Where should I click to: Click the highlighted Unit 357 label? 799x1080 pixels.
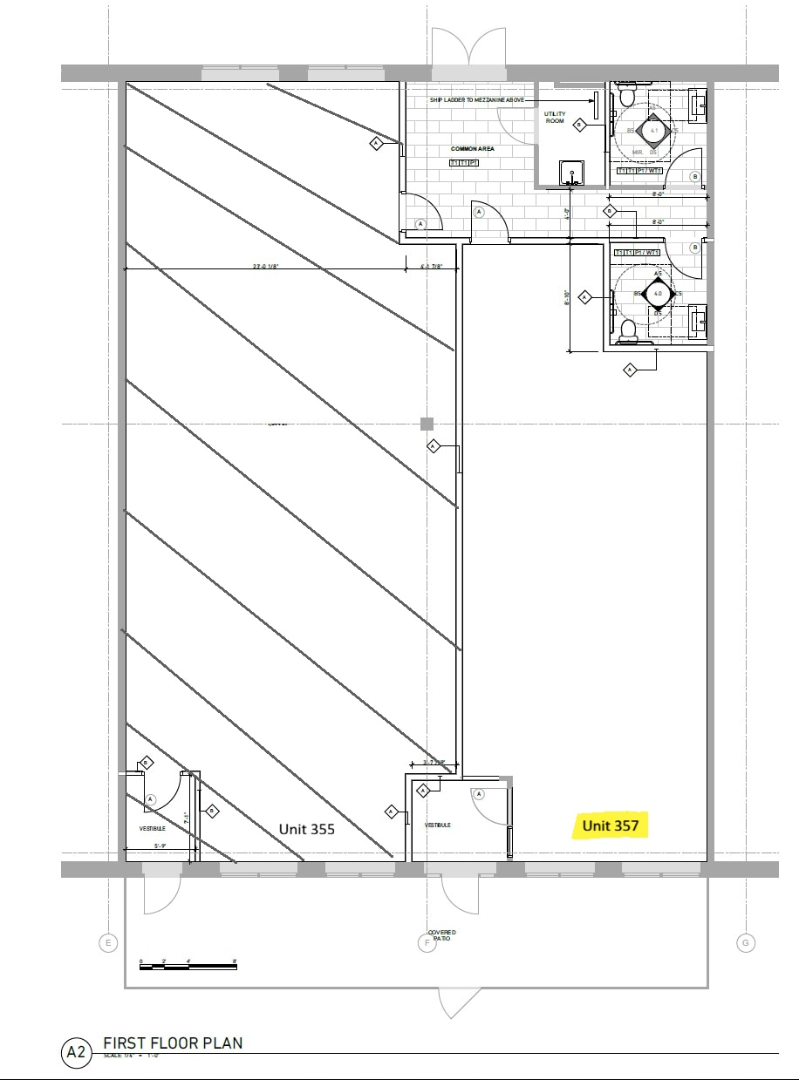[x=611, y=825]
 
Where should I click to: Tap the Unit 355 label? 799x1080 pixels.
[x=306, y=829]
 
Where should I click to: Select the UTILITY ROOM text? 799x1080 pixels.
[x=555, y=117]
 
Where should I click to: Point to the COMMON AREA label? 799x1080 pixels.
[x=472, y=149]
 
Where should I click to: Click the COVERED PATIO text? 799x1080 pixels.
[x=441, y=934]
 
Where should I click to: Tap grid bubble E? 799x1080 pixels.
[x=108, y=942]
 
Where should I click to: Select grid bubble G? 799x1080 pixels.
[x=745, y=942]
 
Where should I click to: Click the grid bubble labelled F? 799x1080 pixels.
[x=427, y=942]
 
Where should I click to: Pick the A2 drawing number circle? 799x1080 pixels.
[x=76, y=1052]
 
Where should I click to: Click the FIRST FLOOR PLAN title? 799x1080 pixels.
[x=173, y=1043]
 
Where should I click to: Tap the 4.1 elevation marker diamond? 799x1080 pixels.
[x=653, y=130]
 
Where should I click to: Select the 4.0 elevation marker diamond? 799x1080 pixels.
[x=658, y=295]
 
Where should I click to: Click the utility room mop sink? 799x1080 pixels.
[x=571, y=173]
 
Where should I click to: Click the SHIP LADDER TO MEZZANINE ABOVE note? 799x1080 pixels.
[x=476, y=100]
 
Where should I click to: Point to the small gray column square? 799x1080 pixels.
[x=427, y=424]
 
